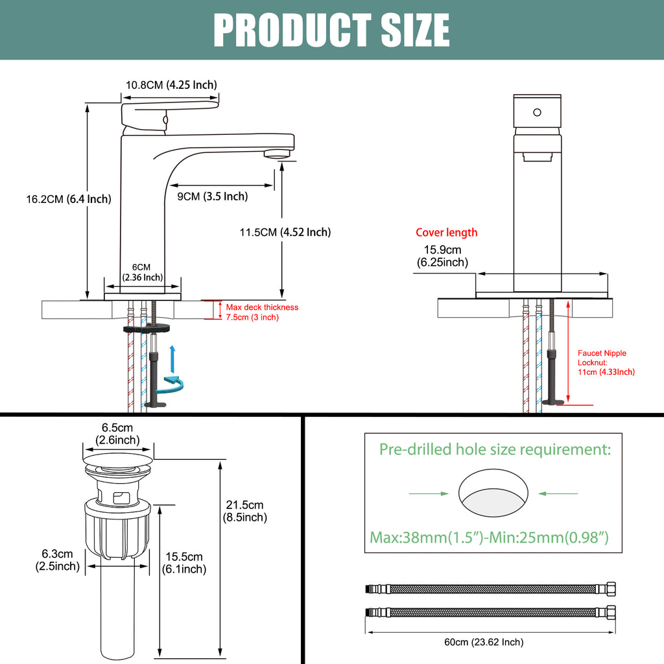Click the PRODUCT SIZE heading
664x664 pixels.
coord(331,30)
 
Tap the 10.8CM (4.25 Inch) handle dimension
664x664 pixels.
coord(171,85)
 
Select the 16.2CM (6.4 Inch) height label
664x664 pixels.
coord(69,199)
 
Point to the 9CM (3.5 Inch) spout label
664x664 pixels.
coord(213,196)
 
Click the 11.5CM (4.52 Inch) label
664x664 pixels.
coord(285,232)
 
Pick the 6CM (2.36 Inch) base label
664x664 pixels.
coord(142,272)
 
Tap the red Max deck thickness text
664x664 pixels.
coord(262,312)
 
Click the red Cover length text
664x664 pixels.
coord(446,233)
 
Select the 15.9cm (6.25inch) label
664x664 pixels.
coord(442,255)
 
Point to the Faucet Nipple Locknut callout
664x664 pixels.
coord(606,362)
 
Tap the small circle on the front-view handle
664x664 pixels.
coord(537,112)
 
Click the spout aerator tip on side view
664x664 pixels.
coord(278,154)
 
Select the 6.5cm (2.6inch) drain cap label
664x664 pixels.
coord(117,434)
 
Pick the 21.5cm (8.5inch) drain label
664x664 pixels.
coord(244,511)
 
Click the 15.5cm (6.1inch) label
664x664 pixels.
coord(184,563)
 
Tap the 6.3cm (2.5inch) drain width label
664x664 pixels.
coord(58,560)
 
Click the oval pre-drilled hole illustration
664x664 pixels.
coord(493,493)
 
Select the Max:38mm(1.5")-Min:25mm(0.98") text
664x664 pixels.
coord(489,538)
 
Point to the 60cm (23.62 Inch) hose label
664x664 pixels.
coord(484,642)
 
